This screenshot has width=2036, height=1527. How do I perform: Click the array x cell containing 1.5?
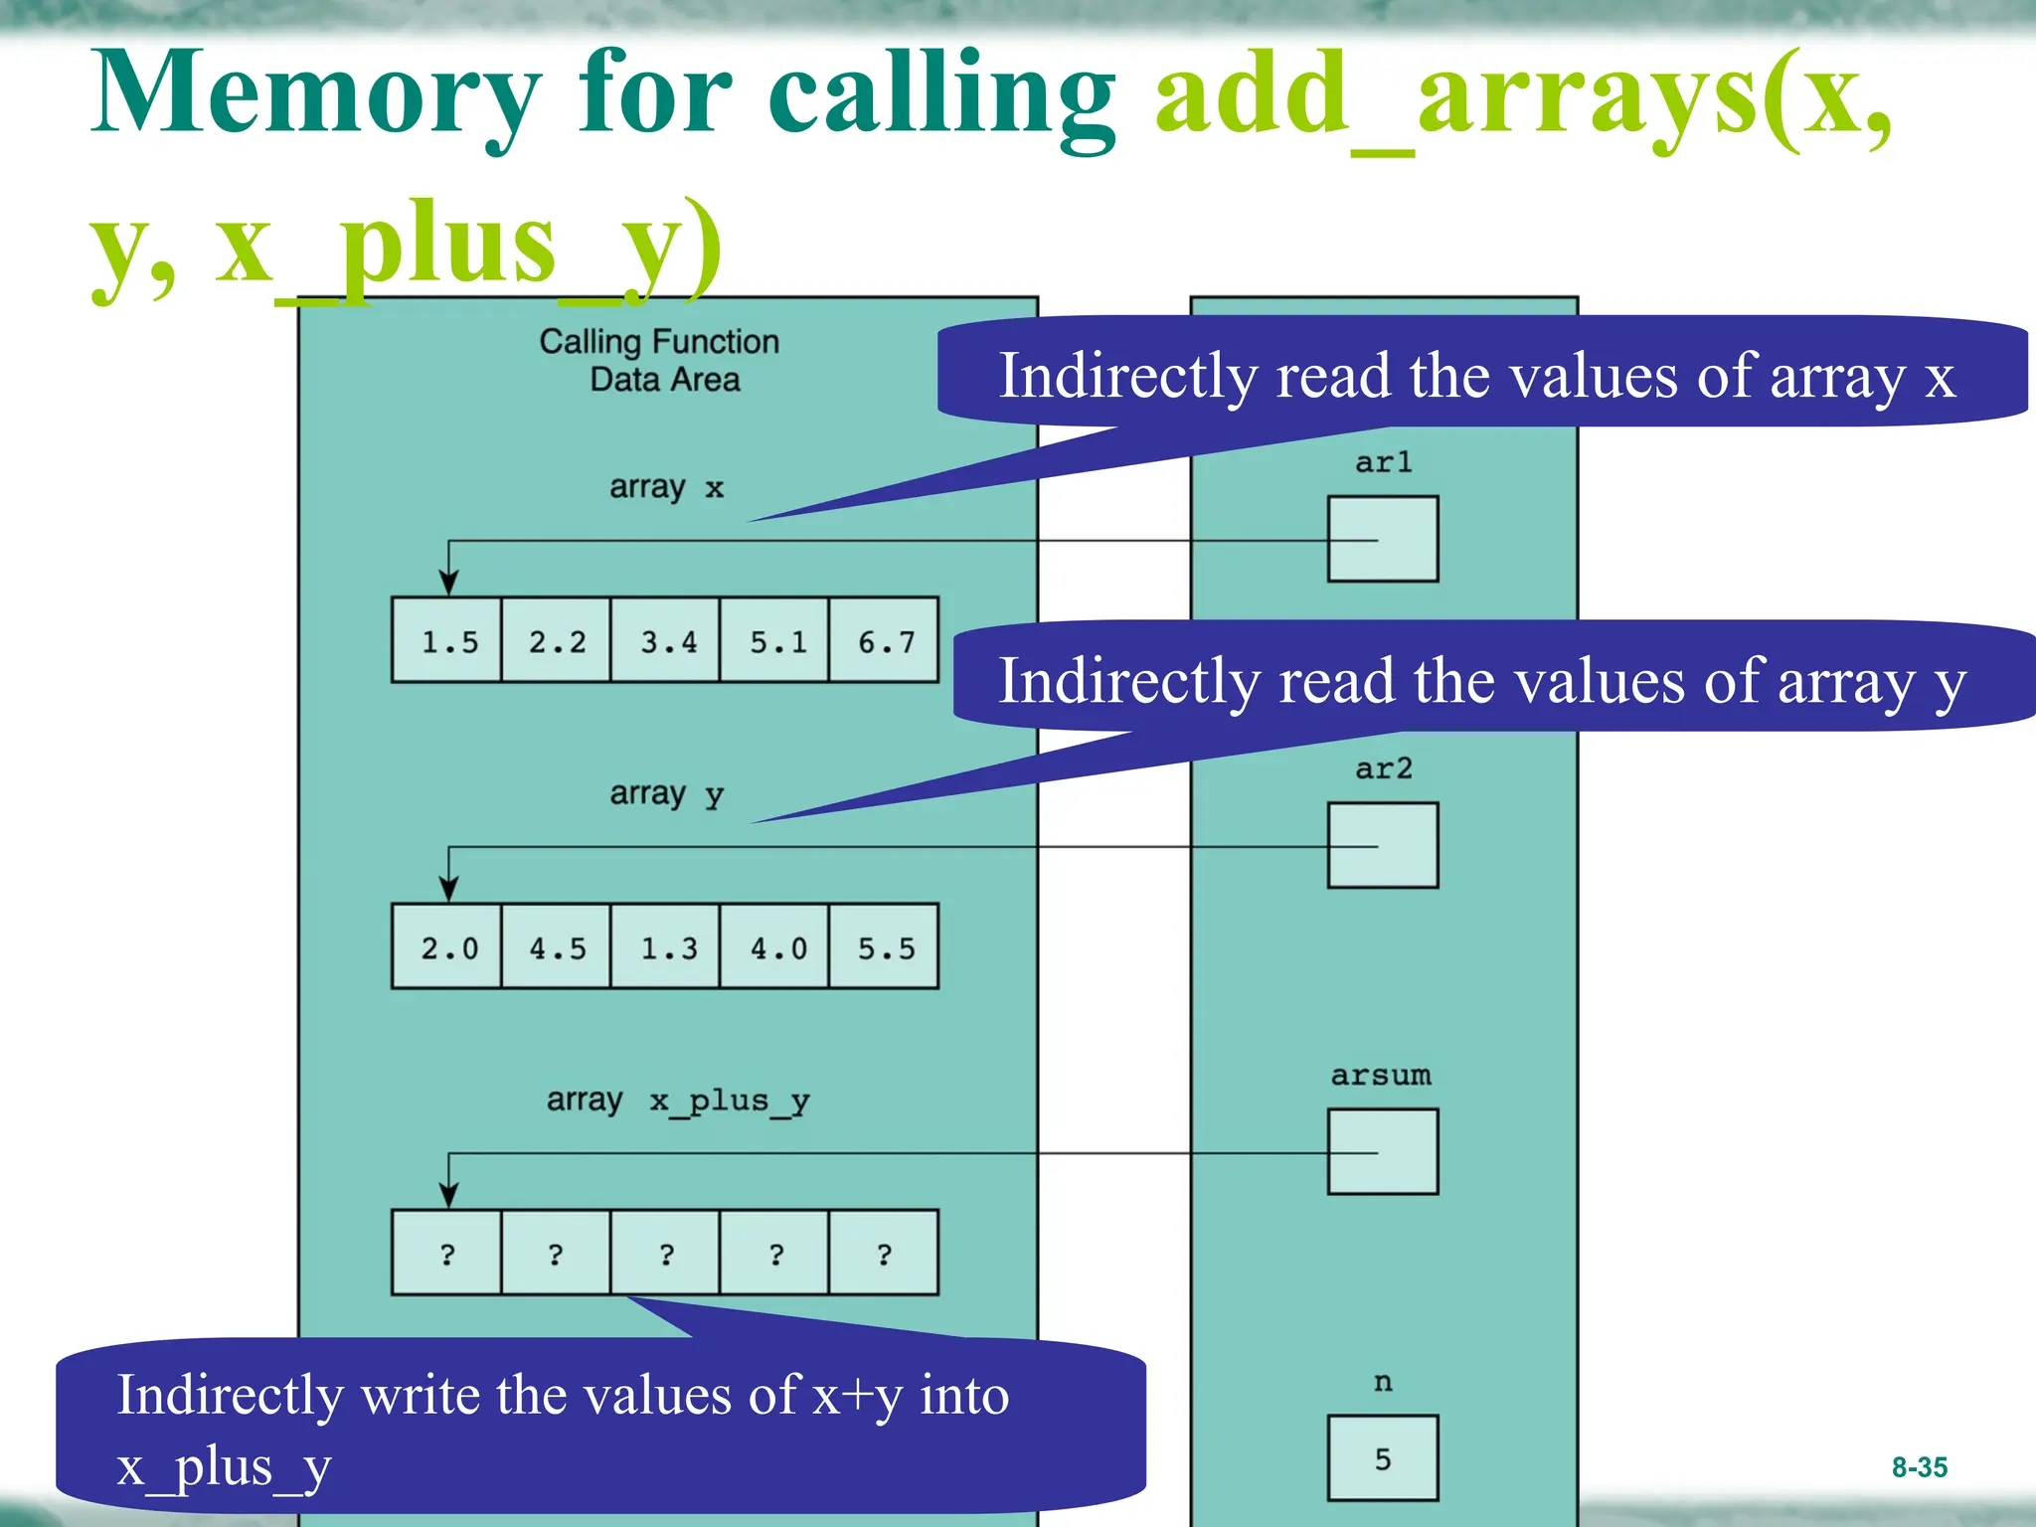[447, 641]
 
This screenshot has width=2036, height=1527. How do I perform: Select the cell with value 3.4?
[666, 641]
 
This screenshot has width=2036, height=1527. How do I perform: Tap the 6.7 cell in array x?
[884, 641]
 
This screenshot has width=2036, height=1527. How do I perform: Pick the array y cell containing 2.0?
[447, 947]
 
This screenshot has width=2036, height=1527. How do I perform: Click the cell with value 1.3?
[666, 947]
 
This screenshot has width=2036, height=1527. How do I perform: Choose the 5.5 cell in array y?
[884, 947]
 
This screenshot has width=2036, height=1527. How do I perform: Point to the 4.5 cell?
[557, 947]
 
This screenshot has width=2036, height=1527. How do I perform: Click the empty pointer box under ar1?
[1383, 539]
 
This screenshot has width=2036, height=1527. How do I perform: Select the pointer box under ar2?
[1383, 845]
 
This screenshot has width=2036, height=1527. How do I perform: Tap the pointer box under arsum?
[1383, 1151]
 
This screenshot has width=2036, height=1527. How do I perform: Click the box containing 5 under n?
[1383, 1457]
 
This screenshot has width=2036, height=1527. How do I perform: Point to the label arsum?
[1381, 1076]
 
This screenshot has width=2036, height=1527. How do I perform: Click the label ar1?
[1383, 462]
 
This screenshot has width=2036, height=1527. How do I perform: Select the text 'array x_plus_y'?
[678, 1101]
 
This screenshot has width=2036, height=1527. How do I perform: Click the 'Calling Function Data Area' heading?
[660, 360]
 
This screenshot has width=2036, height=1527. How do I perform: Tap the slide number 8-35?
[1919, 1466]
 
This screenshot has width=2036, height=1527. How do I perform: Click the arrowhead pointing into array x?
[449, 584]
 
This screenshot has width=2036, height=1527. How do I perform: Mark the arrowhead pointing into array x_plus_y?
[449, 1196]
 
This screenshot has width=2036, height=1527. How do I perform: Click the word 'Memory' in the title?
[316, 94]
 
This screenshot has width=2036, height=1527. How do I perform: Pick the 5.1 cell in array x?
[775, 641]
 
